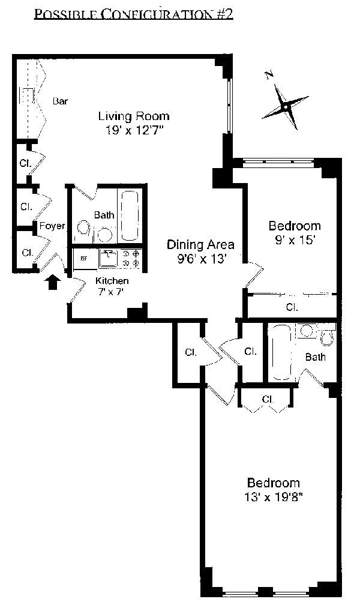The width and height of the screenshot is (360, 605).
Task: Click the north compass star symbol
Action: coord(285,106)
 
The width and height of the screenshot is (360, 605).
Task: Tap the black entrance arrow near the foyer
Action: coord(53,282)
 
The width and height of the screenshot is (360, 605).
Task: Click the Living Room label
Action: coord(134,116)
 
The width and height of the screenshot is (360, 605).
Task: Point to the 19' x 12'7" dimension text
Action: coord(135,130)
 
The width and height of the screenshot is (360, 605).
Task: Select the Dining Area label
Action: coord(200,245)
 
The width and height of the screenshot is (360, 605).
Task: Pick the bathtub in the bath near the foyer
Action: coord(130,215)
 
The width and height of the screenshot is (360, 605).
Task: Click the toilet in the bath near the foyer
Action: coord(83,229)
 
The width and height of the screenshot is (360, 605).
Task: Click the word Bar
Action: coord(60,101)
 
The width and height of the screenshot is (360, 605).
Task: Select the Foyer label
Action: coord(52,226)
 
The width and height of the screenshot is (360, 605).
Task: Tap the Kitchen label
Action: coord(112,281)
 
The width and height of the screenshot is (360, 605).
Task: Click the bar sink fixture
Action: coord(28,95)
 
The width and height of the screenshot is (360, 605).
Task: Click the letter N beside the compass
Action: coord(269,76)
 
